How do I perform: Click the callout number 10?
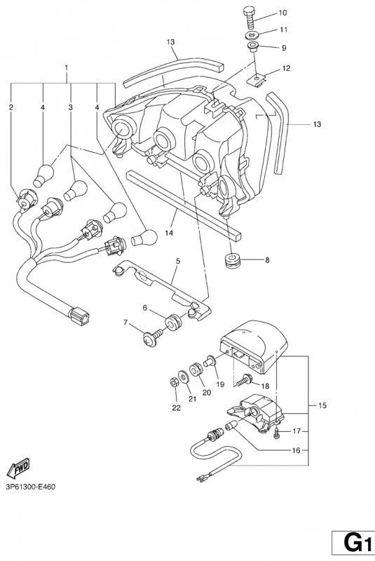(x=283, y=13)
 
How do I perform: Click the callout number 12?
(x=286, y=68)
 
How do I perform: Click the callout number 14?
(x=168, y=231)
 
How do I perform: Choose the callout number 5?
(x=178, y=261)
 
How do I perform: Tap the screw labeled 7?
(x=148, y=341)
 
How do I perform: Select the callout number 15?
(x=322, y=406)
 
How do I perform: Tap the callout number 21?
(x=191, y=400)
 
